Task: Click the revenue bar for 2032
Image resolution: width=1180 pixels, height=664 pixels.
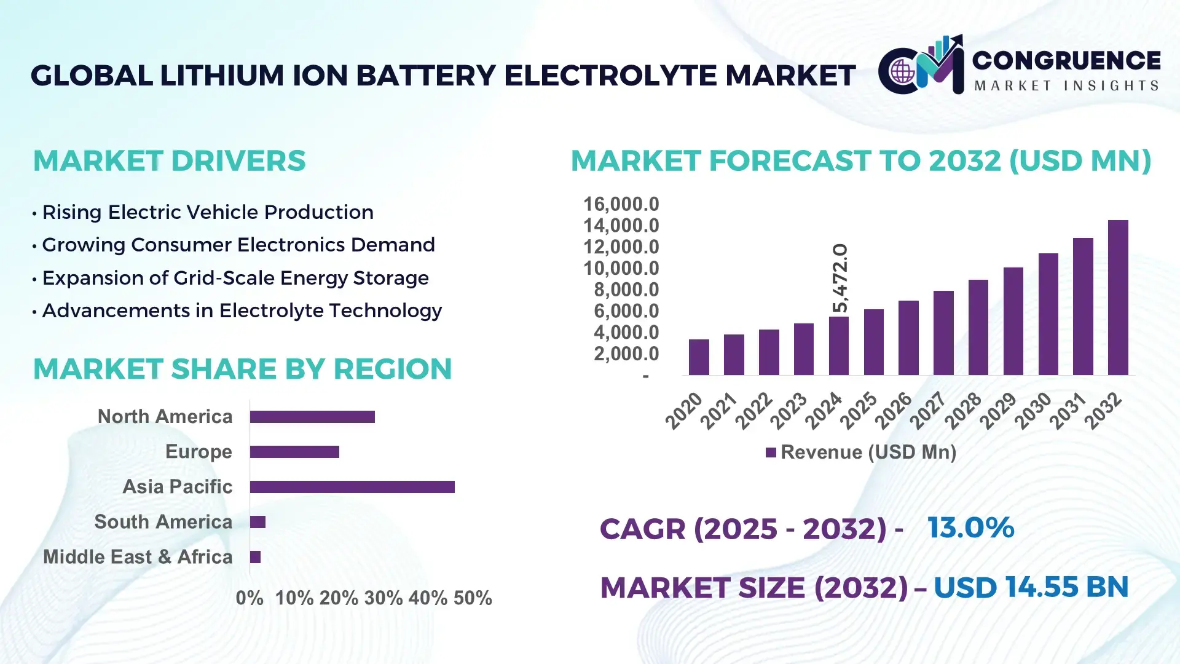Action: tap(1118, 298)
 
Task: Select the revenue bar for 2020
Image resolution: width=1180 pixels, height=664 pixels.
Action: tap(699, 357)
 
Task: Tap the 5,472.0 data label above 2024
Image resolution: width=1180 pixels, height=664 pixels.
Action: tap(840, 278)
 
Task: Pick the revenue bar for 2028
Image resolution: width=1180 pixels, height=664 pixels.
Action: tap(978, 327)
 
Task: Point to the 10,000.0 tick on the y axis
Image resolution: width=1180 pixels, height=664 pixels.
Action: tap(621, 269)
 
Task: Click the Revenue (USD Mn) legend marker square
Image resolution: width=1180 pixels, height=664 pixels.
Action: tap(771, 453)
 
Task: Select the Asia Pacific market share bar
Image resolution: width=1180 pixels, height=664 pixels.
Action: tap(352, 487)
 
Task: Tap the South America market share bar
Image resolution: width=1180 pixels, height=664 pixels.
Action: tap(258, 522)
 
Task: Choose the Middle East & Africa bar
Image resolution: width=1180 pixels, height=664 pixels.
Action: tap(255, 557)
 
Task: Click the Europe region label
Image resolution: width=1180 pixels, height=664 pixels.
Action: tap(199, 452)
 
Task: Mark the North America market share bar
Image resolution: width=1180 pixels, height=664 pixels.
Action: tap(312, 417)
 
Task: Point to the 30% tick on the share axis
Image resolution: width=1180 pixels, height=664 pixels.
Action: tap(383, 598)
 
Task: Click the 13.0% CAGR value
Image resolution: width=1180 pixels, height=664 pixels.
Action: tap(970, 528)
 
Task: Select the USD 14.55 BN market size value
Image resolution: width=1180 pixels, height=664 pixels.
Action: tap(1031, 587)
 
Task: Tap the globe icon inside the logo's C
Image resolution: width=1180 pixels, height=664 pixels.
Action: tap(902, 71)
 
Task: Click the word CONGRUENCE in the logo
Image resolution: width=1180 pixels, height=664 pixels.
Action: tap(1066, 60)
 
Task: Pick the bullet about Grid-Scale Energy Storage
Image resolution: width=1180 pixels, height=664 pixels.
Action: tap(235, 278)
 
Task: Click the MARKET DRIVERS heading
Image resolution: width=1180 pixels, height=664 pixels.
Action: tap(169, 161)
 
